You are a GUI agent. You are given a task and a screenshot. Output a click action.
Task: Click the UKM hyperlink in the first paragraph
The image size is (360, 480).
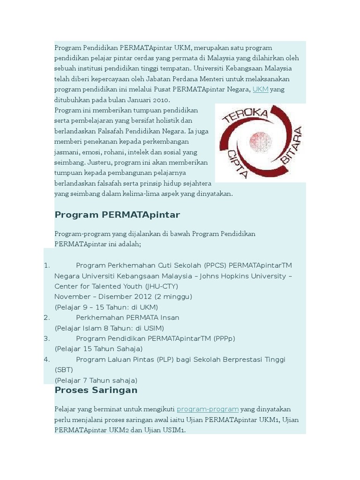[x=260, y=89]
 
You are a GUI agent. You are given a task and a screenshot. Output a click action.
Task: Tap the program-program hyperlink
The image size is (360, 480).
[x=208, y=409]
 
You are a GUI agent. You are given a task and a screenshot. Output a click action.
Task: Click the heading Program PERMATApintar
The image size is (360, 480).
[x=117, y=215]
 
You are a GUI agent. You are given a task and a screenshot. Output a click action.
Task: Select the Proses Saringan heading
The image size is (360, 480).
[x=96, y=390]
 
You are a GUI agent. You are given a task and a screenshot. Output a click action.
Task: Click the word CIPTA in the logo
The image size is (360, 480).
[x=237, y=162]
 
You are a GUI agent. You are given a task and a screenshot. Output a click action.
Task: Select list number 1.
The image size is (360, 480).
[x=46, y=265]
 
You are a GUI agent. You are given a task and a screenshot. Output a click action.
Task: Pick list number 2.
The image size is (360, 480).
[x=46, y=317]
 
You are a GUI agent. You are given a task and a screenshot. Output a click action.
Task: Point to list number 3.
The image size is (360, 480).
[x=46, y=338]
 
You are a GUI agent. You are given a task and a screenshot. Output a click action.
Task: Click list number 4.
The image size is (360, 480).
[x=46, y=360]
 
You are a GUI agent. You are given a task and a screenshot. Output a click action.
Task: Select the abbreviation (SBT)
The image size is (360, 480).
[x=64, y=370]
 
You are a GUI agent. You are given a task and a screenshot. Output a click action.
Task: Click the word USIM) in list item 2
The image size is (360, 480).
[x=153, y=328]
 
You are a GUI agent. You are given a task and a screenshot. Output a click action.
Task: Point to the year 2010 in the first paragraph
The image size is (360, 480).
[x=161, y=100]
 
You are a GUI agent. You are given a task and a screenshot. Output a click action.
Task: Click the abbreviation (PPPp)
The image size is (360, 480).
[x=224, y=338]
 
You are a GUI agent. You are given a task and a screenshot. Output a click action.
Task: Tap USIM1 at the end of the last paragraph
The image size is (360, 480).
[x=174, y=430]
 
